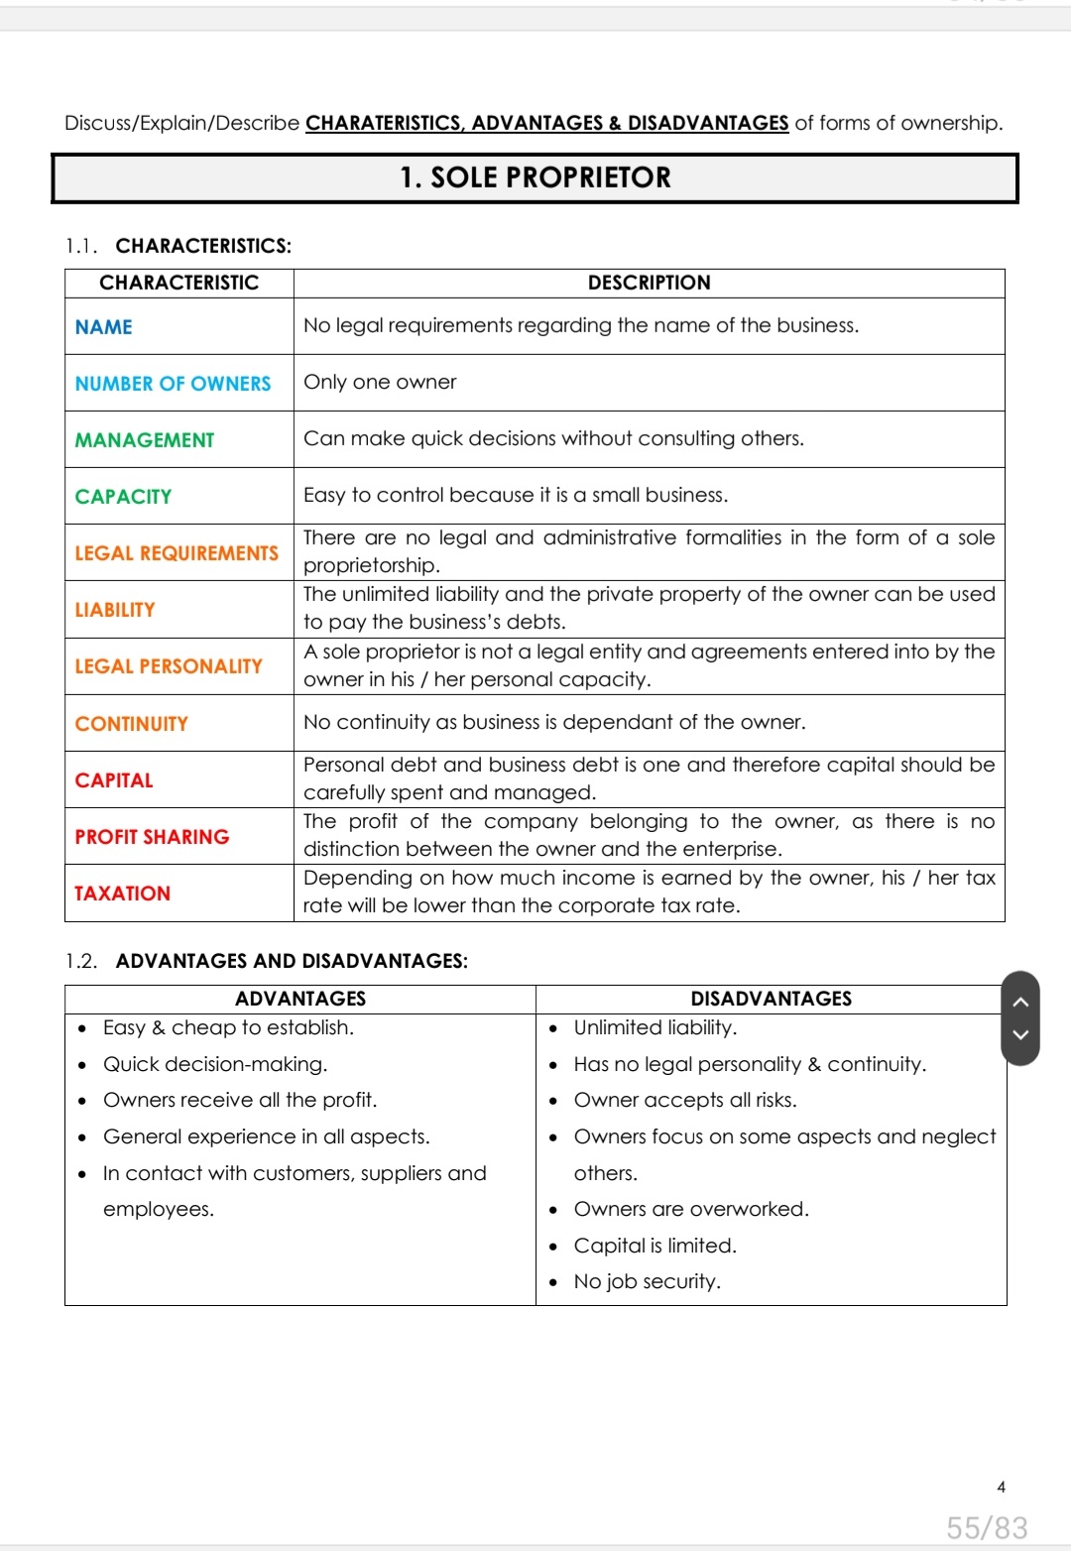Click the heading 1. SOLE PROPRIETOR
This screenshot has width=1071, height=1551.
click(535, 178)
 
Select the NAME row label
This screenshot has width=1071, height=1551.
click(104, 327)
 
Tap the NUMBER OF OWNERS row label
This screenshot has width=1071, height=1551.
click(173, 384)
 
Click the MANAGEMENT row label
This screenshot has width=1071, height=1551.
click(145, 440)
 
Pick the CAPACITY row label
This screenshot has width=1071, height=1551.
click(123, 497)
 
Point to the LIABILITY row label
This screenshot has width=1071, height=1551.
click(115, 610)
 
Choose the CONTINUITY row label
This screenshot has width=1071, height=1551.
click(131, 724)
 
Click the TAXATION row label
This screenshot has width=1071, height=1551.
click(122, 894)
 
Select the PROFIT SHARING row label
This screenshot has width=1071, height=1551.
click(152, 837)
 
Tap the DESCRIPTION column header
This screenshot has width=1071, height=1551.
click(649, 283)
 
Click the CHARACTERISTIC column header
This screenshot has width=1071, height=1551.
click(178, 283)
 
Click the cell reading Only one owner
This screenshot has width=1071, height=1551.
click(380, 382)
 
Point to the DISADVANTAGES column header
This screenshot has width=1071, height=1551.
click(771, 999)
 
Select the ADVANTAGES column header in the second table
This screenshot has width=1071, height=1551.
click(300, 999)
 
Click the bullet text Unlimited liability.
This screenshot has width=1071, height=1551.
click(654, 1027)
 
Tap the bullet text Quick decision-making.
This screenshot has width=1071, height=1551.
click(215, 1064)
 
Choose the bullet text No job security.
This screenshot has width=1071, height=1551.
click(647, 1281)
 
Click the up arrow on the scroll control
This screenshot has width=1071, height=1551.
click(1020, 1002)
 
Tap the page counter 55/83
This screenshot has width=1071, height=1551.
click(987, 1527)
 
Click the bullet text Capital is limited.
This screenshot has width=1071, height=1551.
click(654, 1246)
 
